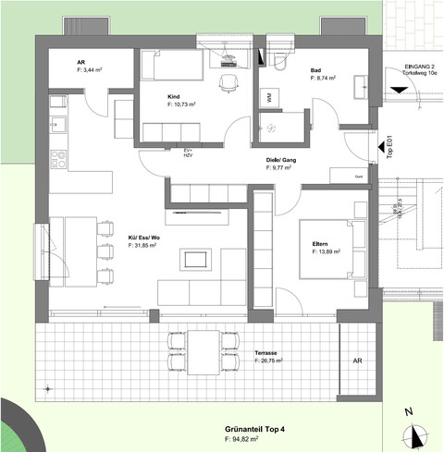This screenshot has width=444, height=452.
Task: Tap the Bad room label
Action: pyautogui.click(x=316, y=70)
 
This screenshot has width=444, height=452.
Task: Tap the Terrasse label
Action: pyautogui.click(x=268, y=354)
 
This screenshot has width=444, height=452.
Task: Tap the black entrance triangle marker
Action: pyautogui.click(x=398, y=89)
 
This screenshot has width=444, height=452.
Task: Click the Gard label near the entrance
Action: pyautogui.click(x=357, y=174)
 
